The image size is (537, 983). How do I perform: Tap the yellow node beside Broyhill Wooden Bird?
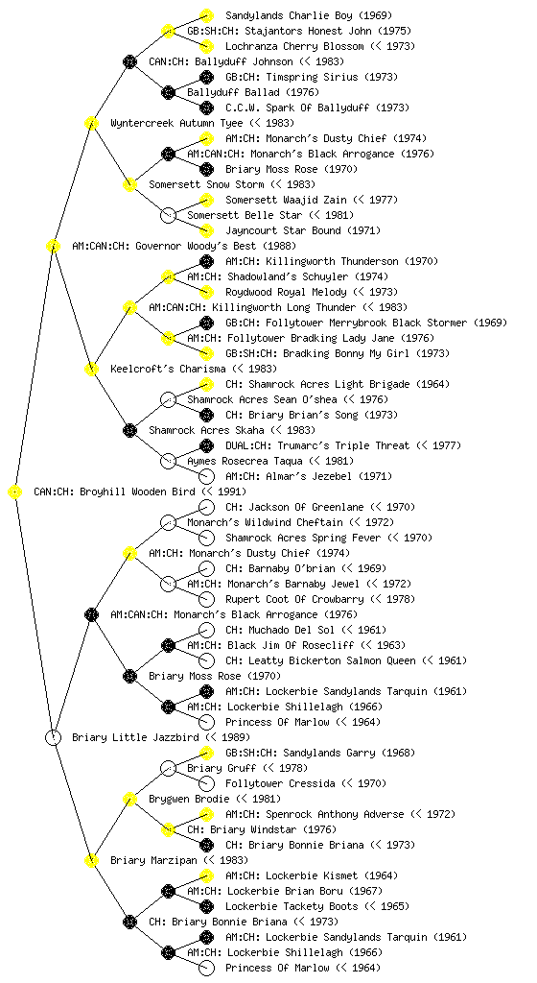coord(15,491)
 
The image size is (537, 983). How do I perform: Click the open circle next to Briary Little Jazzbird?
coord(53,737)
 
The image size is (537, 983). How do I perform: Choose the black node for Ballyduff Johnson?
coord(129,61)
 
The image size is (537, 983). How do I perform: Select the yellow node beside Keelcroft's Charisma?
coord(91,369)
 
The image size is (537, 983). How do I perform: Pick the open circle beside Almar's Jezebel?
coord(206,476)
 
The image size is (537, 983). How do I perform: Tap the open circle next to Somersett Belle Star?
coord(168,215)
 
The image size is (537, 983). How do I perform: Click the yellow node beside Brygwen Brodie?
coord(129,799)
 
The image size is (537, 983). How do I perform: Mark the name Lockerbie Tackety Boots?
coord(292,906)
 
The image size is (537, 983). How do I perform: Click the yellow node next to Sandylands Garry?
coord(206,753)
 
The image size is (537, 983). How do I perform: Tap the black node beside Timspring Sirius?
coord(206,77)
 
